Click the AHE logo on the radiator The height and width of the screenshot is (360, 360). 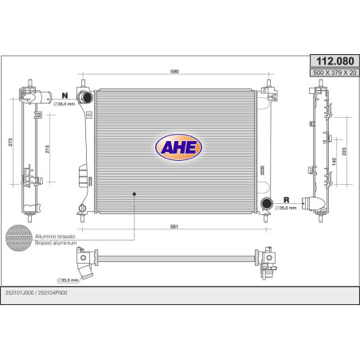pos(178,147)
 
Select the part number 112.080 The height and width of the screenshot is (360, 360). pos(335,61)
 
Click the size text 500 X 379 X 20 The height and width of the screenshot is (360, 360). pos(335,72)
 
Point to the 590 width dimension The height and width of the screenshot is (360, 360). pos(174,72)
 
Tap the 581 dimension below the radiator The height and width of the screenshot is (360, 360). pos(174,226)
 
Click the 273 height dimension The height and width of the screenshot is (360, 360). pos(10,142)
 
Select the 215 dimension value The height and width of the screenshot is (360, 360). pos(47,149)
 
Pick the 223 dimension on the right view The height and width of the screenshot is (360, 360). pos(344,151)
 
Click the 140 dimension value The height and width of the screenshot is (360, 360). pos(334,162)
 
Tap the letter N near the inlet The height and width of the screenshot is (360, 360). pos(65,96)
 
